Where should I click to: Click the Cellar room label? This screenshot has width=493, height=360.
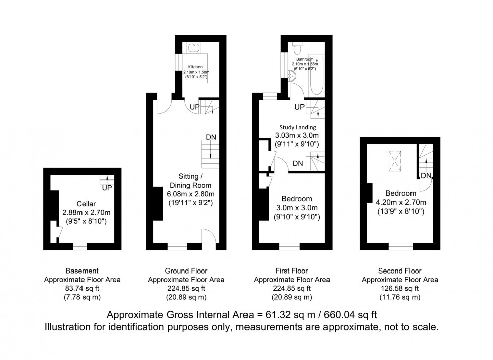pos(83,203)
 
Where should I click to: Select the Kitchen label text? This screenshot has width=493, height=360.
pos(195,67)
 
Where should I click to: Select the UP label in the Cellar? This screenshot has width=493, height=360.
pos(106,188)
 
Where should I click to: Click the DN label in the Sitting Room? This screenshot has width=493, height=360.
pos(211,137)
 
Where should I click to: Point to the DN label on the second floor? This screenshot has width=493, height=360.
pos(426,175)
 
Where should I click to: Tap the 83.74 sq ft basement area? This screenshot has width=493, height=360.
pos(83,289)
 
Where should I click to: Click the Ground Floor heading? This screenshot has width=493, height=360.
pos(186,271)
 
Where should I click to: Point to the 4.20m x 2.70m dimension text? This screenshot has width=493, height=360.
pos(400,203)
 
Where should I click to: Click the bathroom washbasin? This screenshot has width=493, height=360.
pos(291,75)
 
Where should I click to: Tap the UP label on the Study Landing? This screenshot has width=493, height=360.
pos(299,107)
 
